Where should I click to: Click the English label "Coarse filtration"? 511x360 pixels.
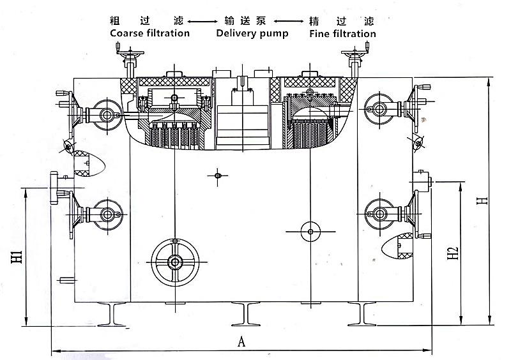[x=149, y=33]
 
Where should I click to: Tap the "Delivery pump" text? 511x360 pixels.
[x=252, y=34]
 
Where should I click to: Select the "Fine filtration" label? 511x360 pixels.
[x=342, y=34]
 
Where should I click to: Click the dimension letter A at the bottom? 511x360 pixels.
[x=241, y=341]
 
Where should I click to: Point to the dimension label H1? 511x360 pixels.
[x=17, y=257]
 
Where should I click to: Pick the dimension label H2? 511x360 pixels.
[x=452, y=253]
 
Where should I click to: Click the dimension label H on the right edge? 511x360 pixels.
[x=482, y=200]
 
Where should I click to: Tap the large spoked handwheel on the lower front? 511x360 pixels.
[x=175, y=262]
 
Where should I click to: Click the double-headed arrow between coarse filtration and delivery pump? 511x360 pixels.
[x=202, y=22]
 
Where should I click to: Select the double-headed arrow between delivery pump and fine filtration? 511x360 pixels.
[x=289, y=22]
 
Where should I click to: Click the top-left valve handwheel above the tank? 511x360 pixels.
[x=130, y=52]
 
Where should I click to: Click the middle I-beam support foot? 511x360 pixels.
[x=246, y=314]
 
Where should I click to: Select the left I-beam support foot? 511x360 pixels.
[x=112, y=315]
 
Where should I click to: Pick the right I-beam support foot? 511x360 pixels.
[x=362, y=314]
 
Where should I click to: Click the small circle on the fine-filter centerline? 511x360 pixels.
[x=310, y=232]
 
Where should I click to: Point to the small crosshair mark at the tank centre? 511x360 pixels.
[x=218, y=176]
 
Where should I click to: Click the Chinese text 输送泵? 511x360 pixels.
[x=245, y=21]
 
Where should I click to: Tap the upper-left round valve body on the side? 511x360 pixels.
[x=107, y=115]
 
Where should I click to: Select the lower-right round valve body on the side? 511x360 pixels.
[x=379, y=214]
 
